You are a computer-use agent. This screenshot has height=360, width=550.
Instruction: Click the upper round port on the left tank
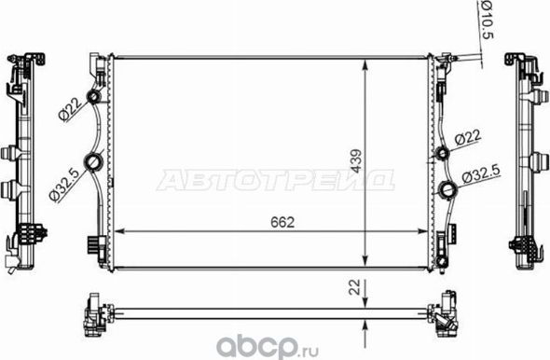[x=92, y=100]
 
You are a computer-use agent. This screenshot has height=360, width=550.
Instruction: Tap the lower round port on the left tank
[x=93, y=165]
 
